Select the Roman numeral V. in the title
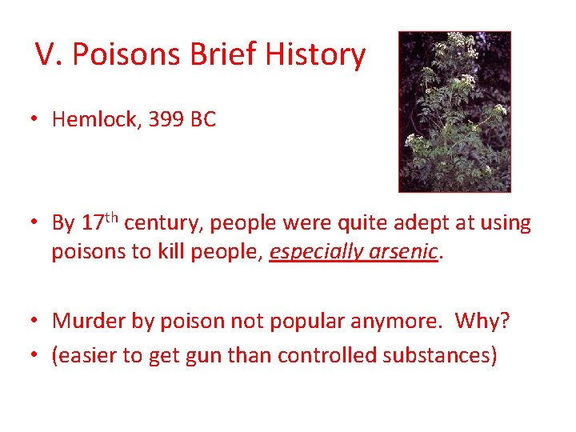(x=49, y=55)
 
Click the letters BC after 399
(x=203, y=120)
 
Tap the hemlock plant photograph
(x=454, y=112)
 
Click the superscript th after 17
(x=113, y=216)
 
